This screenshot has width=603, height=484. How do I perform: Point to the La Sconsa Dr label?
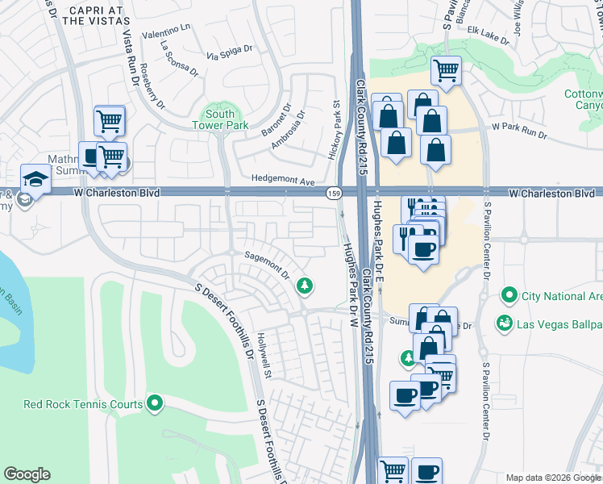click(x=179, y=59)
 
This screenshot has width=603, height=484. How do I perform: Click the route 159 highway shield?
click(x=333, y=194)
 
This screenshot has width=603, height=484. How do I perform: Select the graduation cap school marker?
click(x=35, y=178)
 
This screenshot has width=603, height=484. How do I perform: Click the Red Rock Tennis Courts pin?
click(x=155, y=404)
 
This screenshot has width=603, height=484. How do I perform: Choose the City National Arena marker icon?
click(x=509, y=295)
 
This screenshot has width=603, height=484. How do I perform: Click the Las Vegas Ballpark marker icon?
click(x=505, y=323)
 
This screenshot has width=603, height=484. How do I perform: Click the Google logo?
click(x=27, y=474)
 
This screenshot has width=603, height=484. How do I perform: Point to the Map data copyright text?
click(x=552, y=478)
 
